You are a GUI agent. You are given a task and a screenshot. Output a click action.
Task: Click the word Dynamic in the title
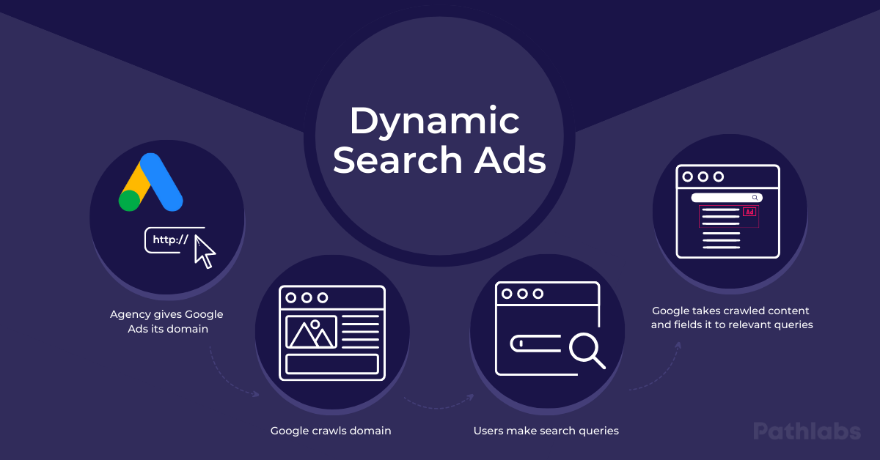pyautogui.click(x=434, y=122)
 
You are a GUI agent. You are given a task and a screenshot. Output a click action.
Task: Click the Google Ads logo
pyautogui.click(x=151, y=183)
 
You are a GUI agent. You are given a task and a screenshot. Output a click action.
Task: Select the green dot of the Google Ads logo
pyautogui.click(x=130, y=200)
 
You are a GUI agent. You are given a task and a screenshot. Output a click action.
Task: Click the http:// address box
pyautogui.click(x=170, y=240)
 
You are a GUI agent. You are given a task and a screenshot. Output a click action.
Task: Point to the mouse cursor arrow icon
pyautogui.click(x=205, y=251)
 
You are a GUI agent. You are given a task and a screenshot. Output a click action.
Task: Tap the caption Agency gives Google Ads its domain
pyautogui.click(x=166, y=322)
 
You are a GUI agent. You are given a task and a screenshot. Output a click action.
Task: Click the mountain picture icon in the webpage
pyautogui.click(x=312, y=333)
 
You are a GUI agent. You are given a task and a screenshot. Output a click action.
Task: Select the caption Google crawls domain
pyautogui.click(x=331, y=431)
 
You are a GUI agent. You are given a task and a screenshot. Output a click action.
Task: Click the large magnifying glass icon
pyautogui.click(x=587, y=350)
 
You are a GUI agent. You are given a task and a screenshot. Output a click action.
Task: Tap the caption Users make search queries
pyautogui.click(x=546, y=431)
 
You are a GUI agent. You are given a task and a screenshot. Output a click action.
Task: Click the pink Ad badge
pyautogui.click(x=749, y=212)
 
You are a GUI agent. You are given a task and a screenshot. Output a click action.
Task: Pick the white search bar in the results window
pyautogui.click(x=726, y=198)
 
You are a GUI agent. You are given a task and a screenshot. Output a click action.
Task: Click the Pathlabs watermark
pyautogui.click(x=807, y=431)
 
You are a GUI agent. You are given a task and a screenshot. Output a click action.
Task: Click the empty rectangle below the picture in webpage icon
pyautogui.click(x=332, y=364)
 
